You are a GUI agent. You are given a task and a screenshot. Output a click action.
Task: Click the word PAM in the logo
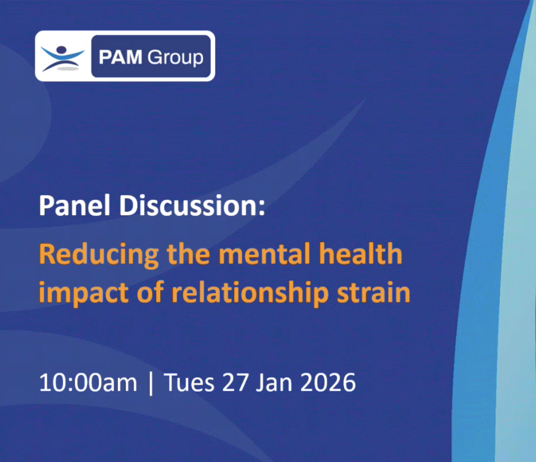(120, 57)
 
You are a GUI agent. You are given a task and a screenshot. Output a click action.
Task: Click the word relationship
(250, 293)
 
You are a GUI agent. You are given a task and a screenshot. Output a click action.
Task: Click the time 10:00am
(88, 382)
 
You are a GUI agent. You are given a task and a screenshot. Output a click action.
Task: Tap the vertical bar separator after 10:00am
(151, 383)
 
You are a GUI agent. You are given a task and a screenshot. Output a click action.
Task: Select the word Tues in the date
(189, 382)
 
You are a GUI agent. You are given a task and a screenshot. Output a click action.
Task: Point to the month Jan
(274, 382)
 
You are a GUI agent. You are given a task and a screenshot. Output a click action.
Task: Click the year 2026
(328, 382)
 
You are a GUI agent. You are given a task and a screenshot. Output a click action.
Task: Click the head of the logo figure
(62, 50)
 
